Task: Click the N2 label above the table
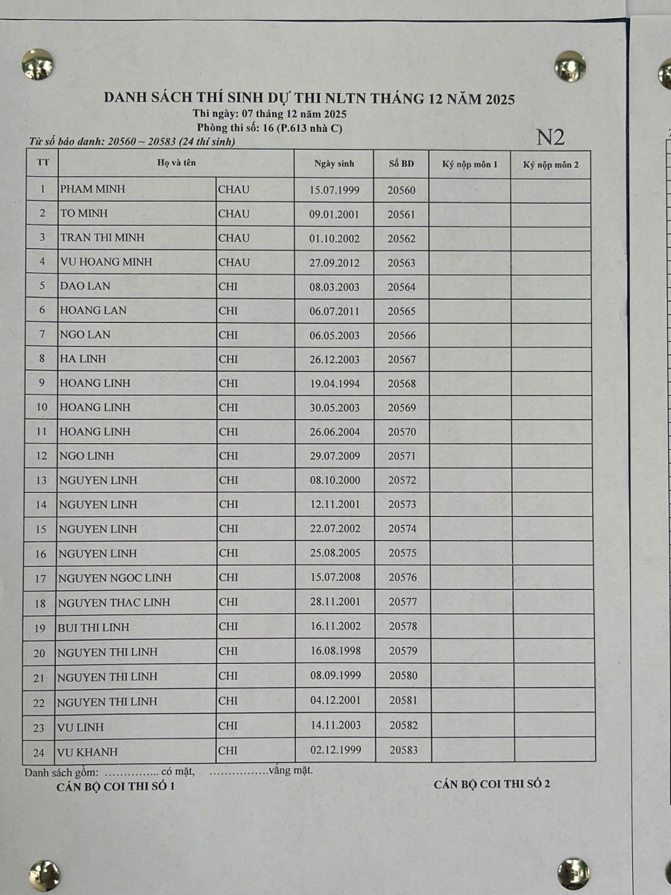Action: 550,137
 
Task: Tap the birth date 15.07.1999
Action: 334,190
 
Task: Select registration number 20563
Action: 402,263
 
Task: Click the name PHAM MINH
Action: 92,189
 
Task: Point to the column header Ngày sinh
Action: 334,164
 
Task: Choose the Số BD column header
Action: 401,164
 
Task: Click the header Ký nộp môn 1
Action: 470,164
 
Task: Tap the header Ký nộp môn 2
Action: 551,164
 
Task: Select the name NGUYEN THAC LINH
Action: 114,602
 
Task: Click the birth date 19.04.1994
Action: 334,383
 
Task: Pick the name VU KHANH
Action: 87,752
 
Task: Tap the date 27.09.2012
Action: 334,263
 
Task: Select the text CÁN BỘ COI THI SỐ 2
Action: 491,784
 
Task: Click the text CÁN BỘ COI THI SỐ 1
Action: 116,786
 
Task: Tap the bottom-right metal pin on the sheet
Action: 573,873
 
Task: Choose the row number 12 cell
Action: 42,456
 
